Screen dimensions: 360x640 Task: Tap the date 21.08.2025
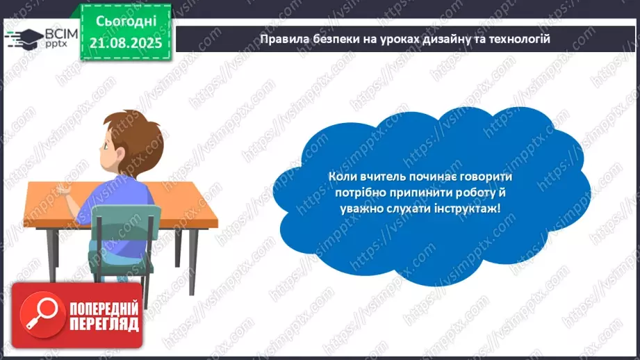(126, 42)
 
